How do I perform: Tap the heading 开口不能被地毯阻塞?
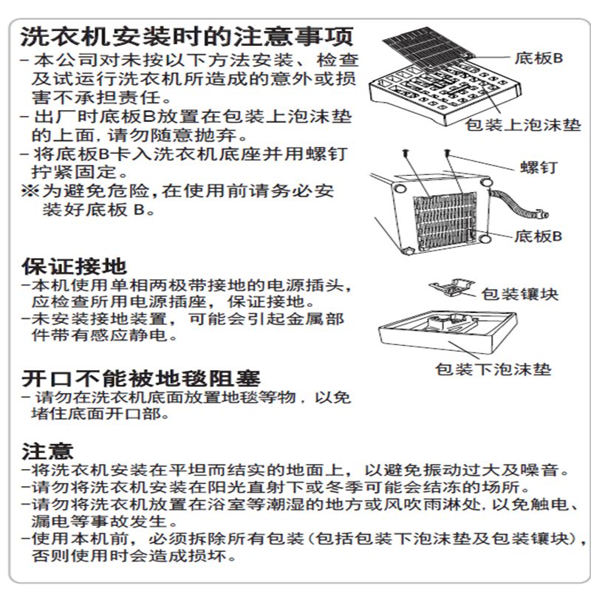[x=140, y=378]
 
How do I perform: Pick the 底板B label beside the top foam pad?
[x=538, y=58]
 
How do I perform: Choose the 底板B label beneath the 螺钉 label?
[x=538, y=236]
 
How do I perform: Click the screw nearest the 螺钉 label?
[x=448, y=153]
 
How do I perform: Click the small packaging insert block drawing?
[x=453, y=287]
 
